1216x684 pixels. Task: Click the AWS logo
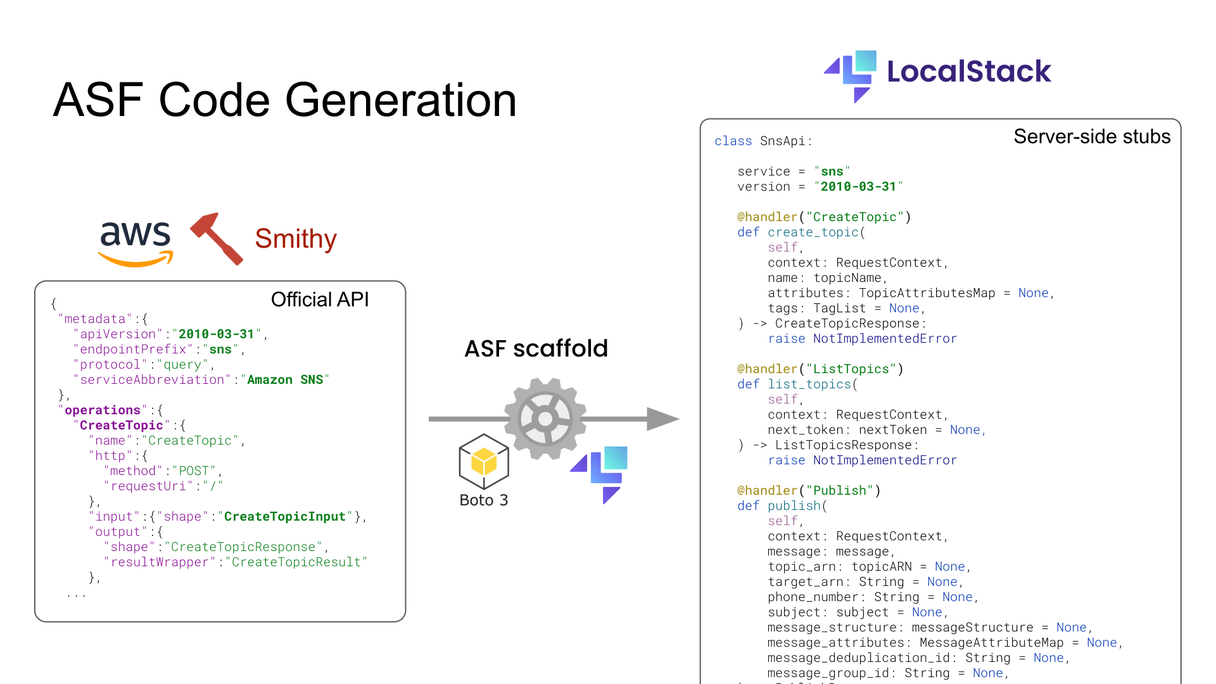(x=135, y=243)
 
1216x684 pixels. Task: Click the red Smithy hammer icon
(x=217, y=238)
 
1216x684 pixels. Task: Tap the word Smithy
(x=296, y=239)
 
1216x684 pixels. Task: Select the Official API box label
(x=320, y=300)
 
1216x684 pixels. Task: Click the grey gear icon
(x=545, y=419)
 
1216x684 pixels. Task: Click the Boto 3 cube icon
(x=484, y=461)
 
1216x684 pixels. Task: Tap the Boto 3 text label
(x=484, y=500)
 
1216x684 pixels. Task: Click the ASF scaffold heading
(x=536, y=348)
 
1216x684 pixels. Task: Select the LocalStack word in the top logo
(x=968, y=72)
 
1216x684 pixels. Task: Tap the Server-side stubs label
(x=1091, y=137)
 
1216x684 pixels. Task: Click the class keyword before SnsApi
(x=733, y=141)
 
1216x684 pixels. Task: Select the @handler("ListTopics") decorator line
(x=820, y=369)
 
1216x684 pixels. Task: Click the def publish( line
(x=782, y=506)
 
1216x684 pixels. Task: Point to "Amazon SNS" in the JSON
(x=284, y=380)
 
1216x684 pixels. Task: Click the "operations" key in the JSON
(x=102, y=410)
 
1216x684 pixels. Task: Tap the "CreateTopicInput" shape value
(x=285, y=517)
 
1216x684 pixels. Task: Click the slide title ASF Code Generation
(x=285, y=100)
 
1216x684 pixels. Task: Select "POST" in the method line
(x=193, y=471)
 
